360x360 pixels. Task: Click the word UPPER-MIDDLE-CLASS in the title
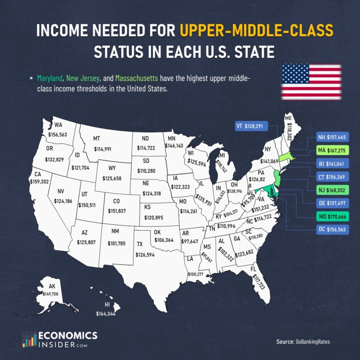(x=256, y=31)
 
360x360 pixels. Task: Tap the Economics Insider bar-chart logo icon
(x=30, y=339)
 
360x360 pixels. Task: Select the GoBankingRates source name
(x=313, y=342)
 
